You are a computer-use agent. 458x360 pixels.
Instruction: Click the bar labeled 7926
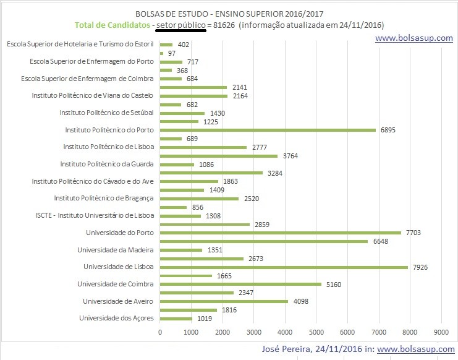pyautogui.click(x=284, y=267)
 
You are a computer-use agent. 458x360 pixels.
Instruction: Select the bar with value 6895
pyautogui.click(x=268, y=130)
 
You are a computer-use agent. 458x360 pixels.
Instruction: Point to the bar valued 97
pyautogui.click(x=162, y=53)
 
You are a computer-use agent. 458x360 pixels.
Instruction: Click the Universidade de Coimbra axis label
pyautogui.click(x=116, y=284)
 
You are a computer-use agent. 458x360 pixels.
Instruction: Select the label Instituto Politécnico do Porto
pyautogui.click(x=110, y=130)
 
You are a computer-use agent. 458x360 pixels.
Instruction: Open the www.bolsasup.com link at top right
pyautogui.click(x=413, y=38)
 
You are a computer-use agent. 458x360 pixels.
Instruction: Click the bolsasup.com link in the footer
pyautogui.click(x=415, y=349)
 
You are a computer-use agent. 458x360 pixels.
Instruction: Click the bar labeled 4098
pyautogui.click(x=224, y=301)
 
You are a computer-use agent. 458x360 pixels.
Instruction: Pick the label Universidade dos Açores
pyautogui.click(x=117, y=318)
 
